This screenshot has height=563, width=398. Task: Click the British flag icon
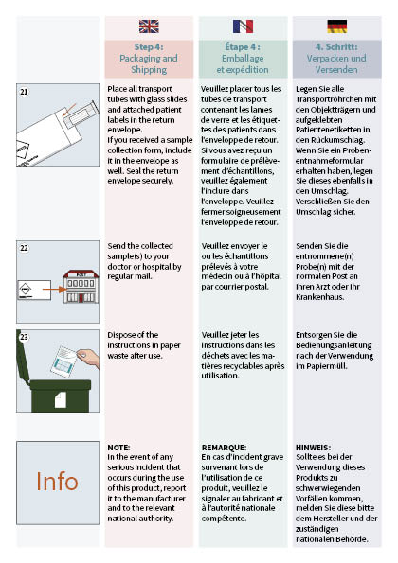(149, 26)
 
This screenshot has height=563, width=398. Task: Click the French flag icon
(243, 26)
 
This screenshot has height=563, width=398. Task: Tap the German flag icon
(337, 26)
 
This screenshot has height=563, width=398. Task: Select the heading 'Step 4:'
(149, 46)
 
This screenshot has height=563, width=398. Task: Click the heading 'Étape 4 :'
(243, 46)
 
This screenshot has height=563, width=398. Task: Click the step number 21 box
(24, 91)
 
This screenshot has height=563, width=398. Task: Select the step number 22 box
(24, 247)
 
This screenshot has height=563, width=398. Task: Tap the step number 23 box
(24, 335)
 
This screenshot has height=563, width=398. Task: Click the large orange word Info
(57, 481)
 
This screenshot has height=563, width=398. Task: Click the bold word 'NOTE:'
(119, 447)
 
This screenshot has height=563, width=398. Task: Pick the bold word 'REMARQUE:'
(225, 447)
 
